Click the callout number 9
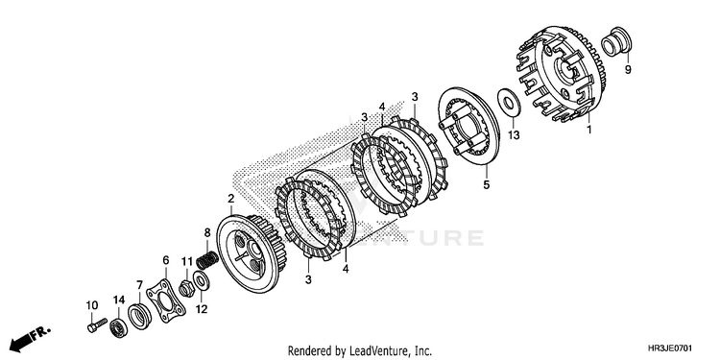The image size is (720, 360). coord(627,70)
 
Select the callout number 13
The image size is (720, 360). coord(514,135)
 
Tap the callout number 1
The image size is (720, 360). coord(589,130)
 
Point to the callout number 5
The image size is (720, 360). coord(487,185)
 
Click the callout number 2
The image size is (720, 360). coord(231,199)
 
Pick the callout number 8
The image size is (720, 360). coord(207,232)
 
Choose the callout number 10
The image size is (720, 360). coord(92,305)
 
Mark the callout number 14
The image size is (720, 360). coord(119,300)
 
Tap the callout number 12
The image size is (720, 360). coord(202,309)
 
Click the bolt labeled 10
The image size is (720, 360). coord(96,324)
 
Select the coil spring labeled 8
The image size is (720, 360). coord(207,260)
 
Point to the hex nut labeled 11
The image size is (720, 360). coord(187,289)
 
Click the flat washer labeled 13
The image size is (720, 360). coord(508,101)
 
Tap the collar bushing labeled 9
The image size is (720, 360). coord(616,42)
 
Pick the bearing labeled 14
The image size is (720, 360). coord(118,327)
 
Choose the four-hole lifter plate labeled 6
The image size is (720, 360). coord(166,300)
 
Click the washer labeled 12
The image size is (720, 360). coord(202,281)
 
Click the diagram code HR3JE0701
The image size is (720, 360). coord(670,348)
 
